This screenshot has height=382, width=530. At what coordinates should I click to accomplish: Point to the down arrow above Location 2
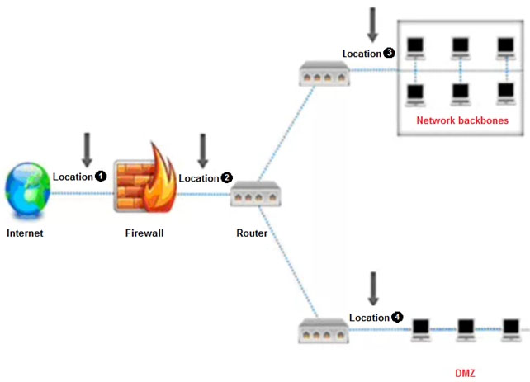(x=202, y=149)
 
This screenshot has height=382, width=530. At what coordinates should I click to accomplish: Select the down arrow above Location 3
(x=372, y=25)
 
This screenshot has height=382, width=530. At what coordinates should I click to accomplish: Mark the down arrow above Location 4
(x=372, y=287)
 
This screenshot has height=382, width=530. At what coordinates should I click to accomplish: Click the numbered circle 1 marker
(x=101, y=177)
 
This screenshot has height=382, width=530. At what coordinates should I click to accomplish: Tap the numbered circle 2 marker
(x=226, y=178)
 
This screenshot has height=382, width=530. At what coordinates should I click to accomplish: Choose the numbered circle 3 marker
(x=390, y=54)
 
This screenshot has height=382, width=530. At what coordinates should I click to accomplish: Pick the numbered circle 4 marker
(x=398, y=317)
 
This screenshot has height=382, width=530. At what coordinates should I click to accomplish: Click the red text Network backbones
(x=461, y=120)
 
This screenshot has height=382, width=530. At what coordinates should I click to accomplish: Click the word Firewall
(x=144, y=233)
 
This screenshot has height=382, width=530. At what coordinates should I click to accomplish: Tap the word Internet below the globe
(x=25, y=233)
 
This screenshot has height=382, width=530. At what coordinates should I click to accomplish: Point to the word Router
(x=252, y=233)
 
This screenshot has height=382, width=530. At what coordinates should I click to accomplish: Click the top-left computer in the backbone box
(x=414, y=46)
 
